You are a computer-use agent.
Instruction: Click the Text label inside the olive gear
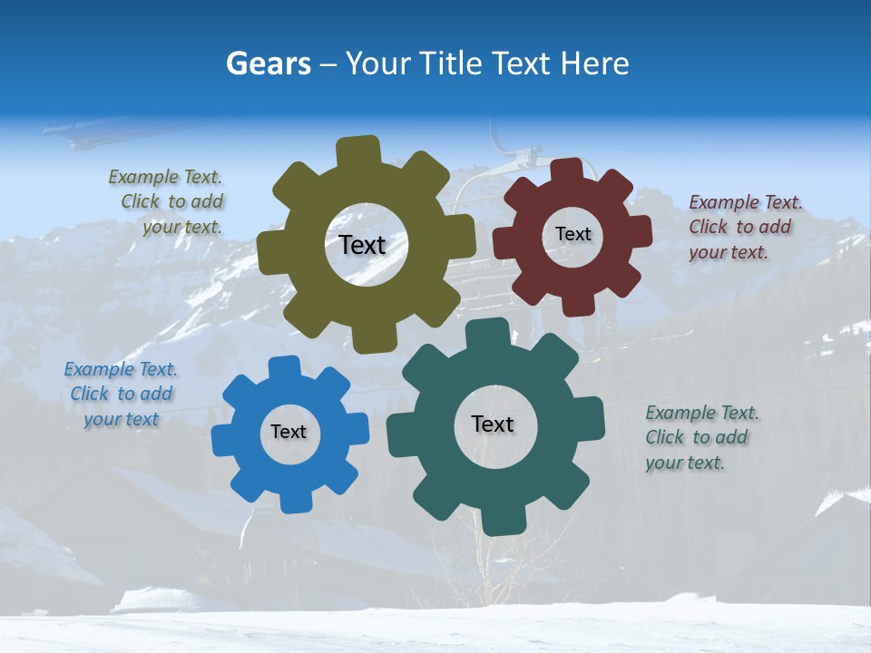362,245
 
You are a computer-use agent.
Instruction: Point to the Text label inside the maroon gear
573,234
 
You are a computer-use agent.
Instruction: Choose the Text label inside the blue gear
289,433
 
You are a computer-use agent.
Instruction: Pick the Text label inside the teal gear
493,424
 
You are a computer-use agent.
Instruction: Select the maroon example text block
744,227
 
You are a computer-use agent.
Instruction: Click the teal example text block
700,437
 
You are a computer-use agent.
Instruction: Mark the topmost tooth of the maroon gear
566,170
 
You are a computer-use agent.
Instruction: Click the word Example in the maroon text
724,202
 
